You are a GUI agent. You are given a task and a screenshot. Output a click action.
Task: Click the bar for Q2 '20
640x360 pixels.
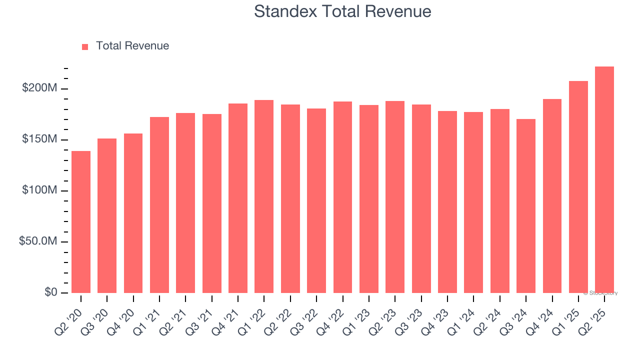click(x=81, y=222)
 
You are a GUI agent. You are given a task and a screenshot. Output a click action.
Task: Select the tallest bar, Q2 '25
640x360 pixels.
click(x=604, y=180)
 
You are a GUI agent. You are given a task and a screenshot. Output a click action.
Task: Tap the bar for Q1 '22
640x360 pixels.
click(x=264, y=196)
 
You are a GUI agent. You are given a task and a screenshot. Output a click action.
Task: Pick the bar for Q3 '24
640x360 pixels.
click(x=526, y=206)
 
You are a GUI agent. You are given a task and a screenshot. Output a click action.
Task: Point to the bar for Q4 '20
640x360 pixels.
click(x=133, y=213)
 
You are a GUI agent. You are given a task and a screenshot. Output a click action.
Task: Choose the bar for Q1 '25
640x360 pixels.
click(x=578, y=187)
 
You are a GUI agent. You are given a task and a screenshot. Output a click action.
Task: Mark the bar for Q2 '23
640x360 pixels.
click(x=395, y=197)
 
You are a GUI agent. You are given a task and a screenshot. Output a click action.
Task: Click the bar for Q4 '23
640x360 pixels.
click(x=447, y=202)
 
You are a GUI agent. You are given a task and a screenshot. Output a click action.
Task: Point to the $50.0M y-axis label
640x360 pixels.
click(x=38, y=241)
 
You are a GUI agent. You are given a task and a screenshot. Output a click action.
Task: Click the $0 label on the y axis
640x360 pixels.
click(x=50, y=292)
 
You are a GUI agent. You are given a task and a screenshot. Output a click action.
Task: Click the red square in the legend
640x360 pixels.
click(x=85, y=46)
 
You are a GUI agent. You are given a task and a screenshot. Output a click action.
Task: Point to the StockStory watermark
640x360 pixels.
click(x=600, y=293)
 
